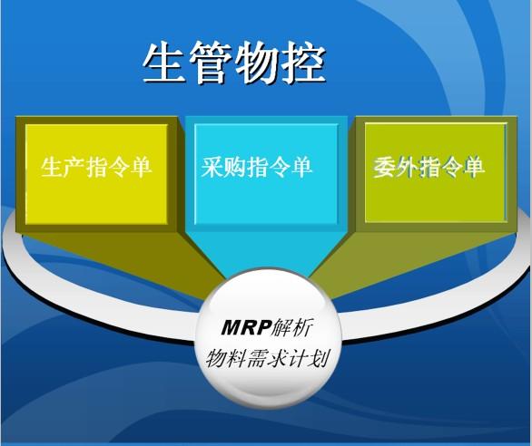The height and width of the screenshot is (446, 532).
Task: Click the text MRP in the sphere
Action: (x=244, y=326)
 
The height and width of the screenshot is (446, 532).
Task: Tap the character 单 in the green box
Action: (x=473, y=168)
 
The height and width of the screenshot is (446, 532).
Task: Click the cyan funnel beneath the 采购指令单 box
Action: (x=264, y=245)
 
